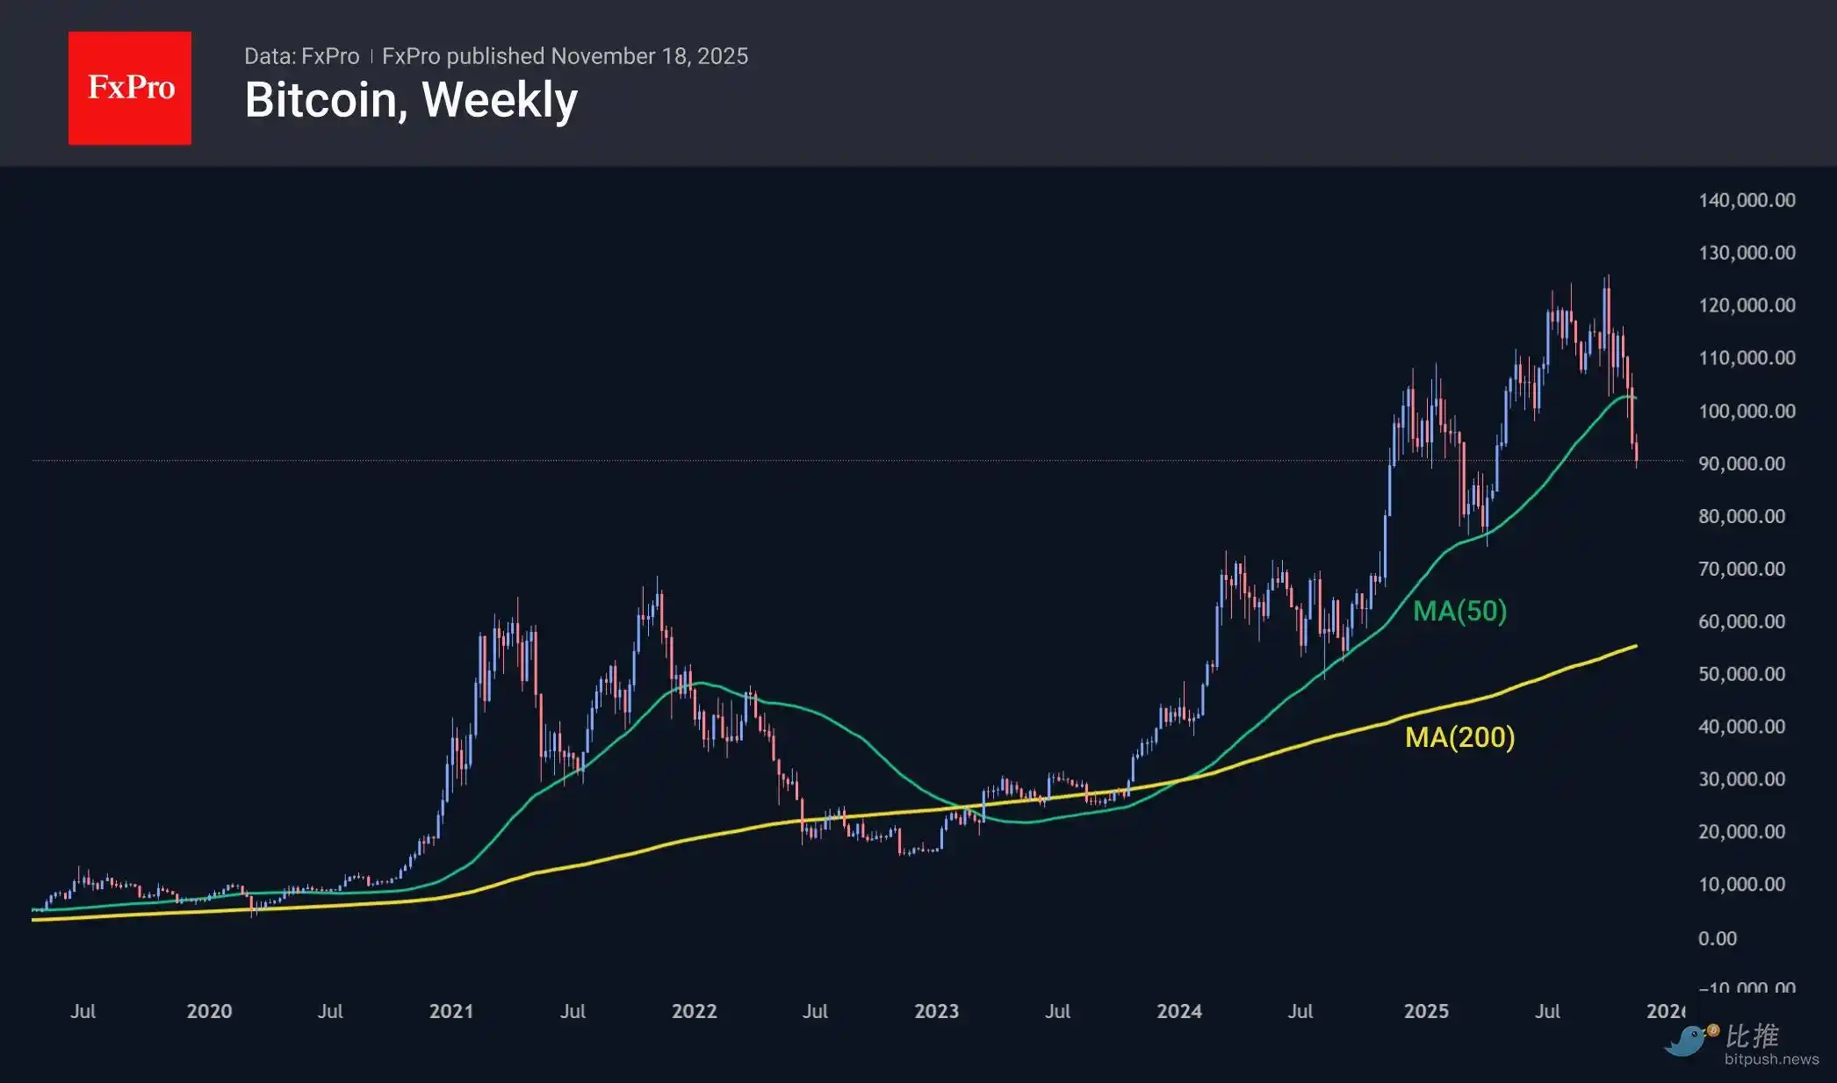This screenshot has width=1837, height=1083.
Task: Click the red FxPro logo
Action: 130,88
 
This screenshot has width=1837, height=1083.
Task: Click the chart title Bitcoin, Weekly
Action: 411,100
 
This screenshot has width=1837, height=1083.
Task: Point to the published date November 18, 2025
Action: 649,56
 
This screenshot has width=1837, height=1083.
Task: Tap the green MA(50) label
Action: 1459,611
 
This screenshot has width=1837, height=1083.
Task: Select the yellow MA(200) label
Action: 1459,737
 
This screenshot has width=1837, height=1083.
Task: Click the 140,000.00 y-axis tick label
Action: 1747,200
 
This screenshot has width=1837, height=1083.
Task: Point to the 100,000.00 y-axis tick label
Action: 1747,411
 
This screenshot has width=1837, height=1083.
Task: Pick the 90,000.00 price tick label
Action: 1741,463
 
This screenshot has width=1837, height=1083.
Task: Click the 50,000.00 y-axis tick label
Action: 1741,674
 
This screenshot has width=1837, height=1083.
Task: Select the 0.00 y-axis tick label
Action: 1717,938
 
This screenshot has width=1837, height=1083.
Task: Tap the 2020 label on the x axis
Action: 209,1011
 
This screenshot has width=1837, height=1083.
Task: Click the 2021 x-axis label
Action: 451,1011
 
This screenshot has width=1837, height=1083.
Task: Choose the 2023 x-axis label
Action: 936,1011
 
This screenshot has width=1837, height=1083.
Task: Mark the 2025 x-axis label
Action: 1426,1011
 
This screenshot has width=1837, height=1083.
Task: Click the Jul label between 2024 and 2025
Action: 1300,1011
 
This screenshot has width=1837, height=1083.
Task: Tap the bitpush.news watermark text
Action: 1771,1059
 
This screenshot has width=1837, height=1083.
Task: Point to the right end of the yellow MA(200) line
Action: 1635,646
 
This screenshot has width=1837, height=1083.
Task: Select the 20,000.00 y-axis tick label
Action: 1741,832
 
